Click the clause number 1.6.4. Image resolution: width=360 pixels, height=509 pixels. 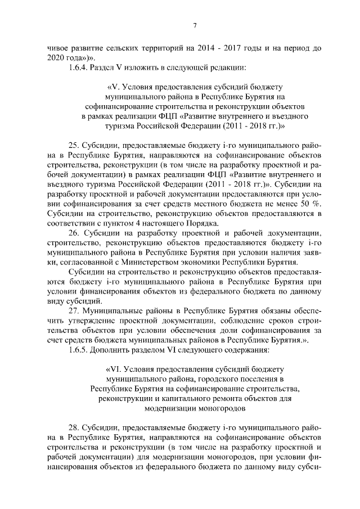[x=79, y=67]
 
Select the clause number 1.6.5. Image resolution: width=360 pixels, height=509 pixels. [x=79, y=350]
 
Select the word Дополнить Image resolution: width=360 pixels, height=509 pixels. [x=119, y=350]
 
